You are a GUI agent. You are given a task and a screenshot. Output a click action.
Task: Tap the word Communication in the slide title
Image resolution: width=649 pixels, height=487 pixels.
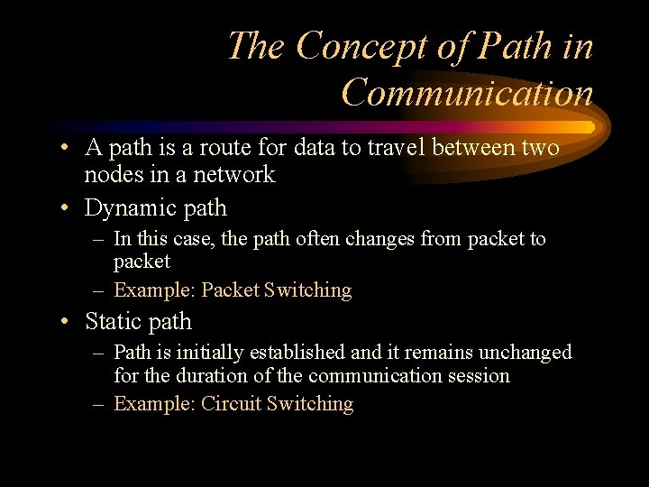click(468, 92)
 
